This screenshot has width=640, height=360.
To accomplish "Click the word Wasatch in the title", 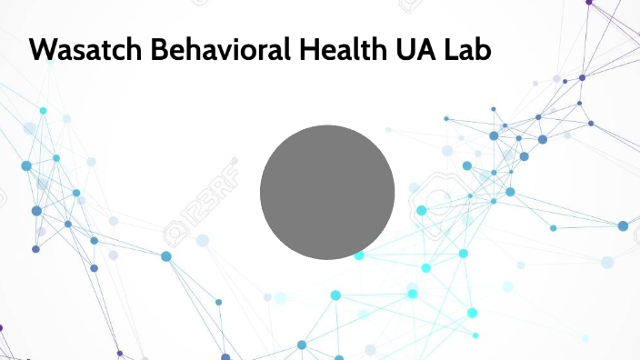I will tap(77, 51).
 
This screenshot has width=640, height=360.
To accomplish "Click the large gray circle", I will tap(327, 192).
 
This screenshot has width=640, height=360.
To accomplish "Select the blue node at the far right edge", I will tap(623, 225).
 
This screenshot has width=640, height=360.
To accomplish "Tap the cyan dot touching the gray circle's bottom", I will tap(359, 255).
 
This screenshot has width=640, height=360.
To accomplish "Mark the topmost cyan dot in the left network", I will tap(43, 111).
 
